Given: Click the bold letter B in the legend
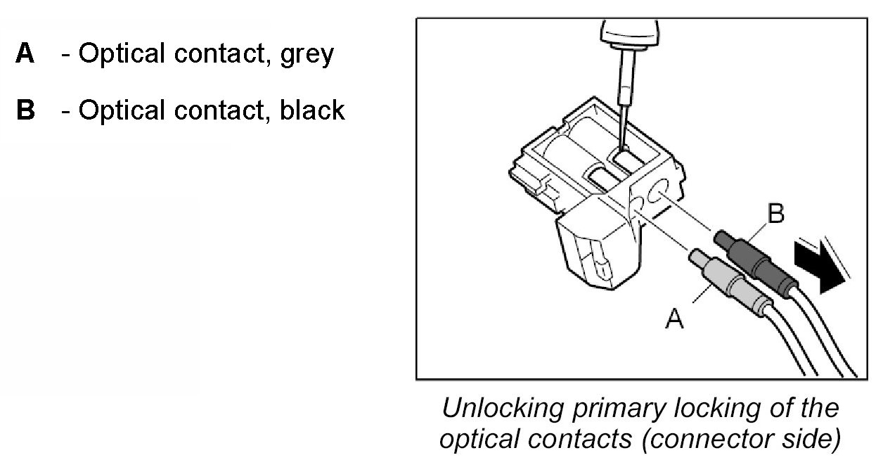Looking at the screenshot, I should click(25, 110).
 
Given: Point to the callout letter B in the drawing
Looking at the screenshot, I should click(775, 215).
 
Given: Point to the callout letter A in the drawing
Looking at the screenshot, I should click(674, 320).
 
